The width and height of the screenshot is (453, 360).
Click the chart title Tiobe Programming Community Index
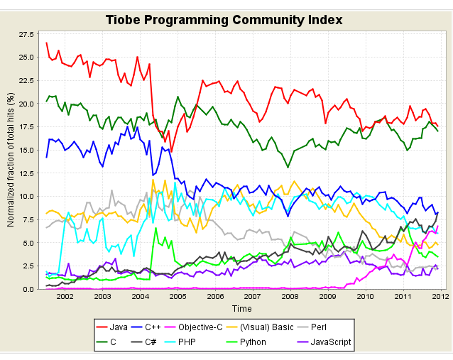click(x=224, y=19)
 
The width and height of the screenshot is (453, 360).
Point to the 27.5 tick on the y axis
click(x=26, y=34)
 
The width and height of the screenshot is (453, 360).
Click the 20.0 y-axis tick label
click(x=26, y=104)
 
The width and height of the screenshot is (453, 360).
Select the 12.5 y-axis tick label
click(x=26, y=173)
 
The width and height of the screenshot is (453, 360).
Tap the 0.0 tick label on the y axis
click(x=28, y=289)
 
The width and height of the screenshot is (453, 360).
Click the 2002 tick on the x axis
click(x=65, y=297)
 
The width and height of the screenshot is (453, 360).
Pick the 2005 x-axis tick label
click(x=178, y=297)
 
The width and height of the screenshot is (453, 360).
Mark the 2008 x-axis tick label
click(x=290, y=297)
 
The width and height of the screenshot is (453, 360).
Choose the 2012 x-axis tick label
click(x=440, y=297)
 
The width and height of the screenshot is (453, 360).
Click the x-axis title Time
click(x=241, y=309)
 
